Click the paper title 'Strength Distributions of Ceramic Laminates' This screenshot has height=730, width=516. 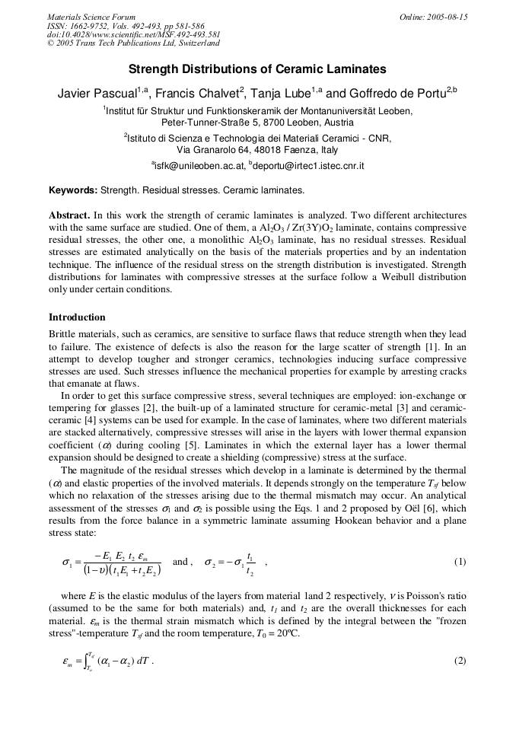[257, 69]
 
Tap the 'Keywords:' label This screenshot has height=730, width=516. [73, 190]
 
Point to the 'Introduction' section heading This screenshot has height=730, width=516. [77, 317]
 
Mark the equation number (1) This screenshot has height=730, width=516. [460, 563]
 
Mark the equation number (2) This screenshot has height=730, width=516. [460, 661]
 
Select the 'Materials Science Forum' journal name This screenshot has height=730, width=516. [91, 17]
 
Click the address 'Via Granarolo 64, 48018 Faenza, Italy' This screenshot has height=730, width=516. [257, 150]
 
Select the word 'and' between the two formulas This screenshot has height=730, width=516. [180, 562]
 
